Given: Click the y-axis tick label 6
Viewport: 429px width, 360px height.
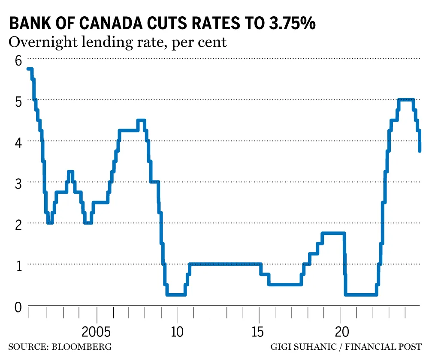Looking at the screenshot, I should tap(18, 60).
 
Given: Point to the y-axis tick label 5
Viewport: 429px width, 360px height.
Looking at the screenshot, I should tap(18, 102).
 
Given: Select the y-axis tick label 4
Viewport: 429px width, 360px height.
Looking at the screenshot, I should tap(18, 143).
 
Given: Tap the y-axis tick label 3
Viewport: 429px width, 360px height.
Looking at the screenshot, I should tap(18, 184).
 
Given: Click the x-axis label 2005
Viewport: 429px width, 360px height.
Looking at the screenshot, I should tap(97, 332).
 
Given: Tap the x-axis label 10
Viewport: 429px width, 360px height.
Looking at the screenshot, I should tap(177, 332).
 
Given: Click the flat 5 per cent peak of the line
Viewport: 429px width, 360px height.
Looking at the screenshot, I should tap(405, 99).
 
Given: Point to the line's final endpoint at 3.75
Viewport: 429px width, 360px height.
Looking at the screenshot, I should tap(420, 150).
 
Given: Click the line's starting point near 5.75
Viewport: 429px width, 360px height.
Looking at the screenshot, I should tap(29, 69).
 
